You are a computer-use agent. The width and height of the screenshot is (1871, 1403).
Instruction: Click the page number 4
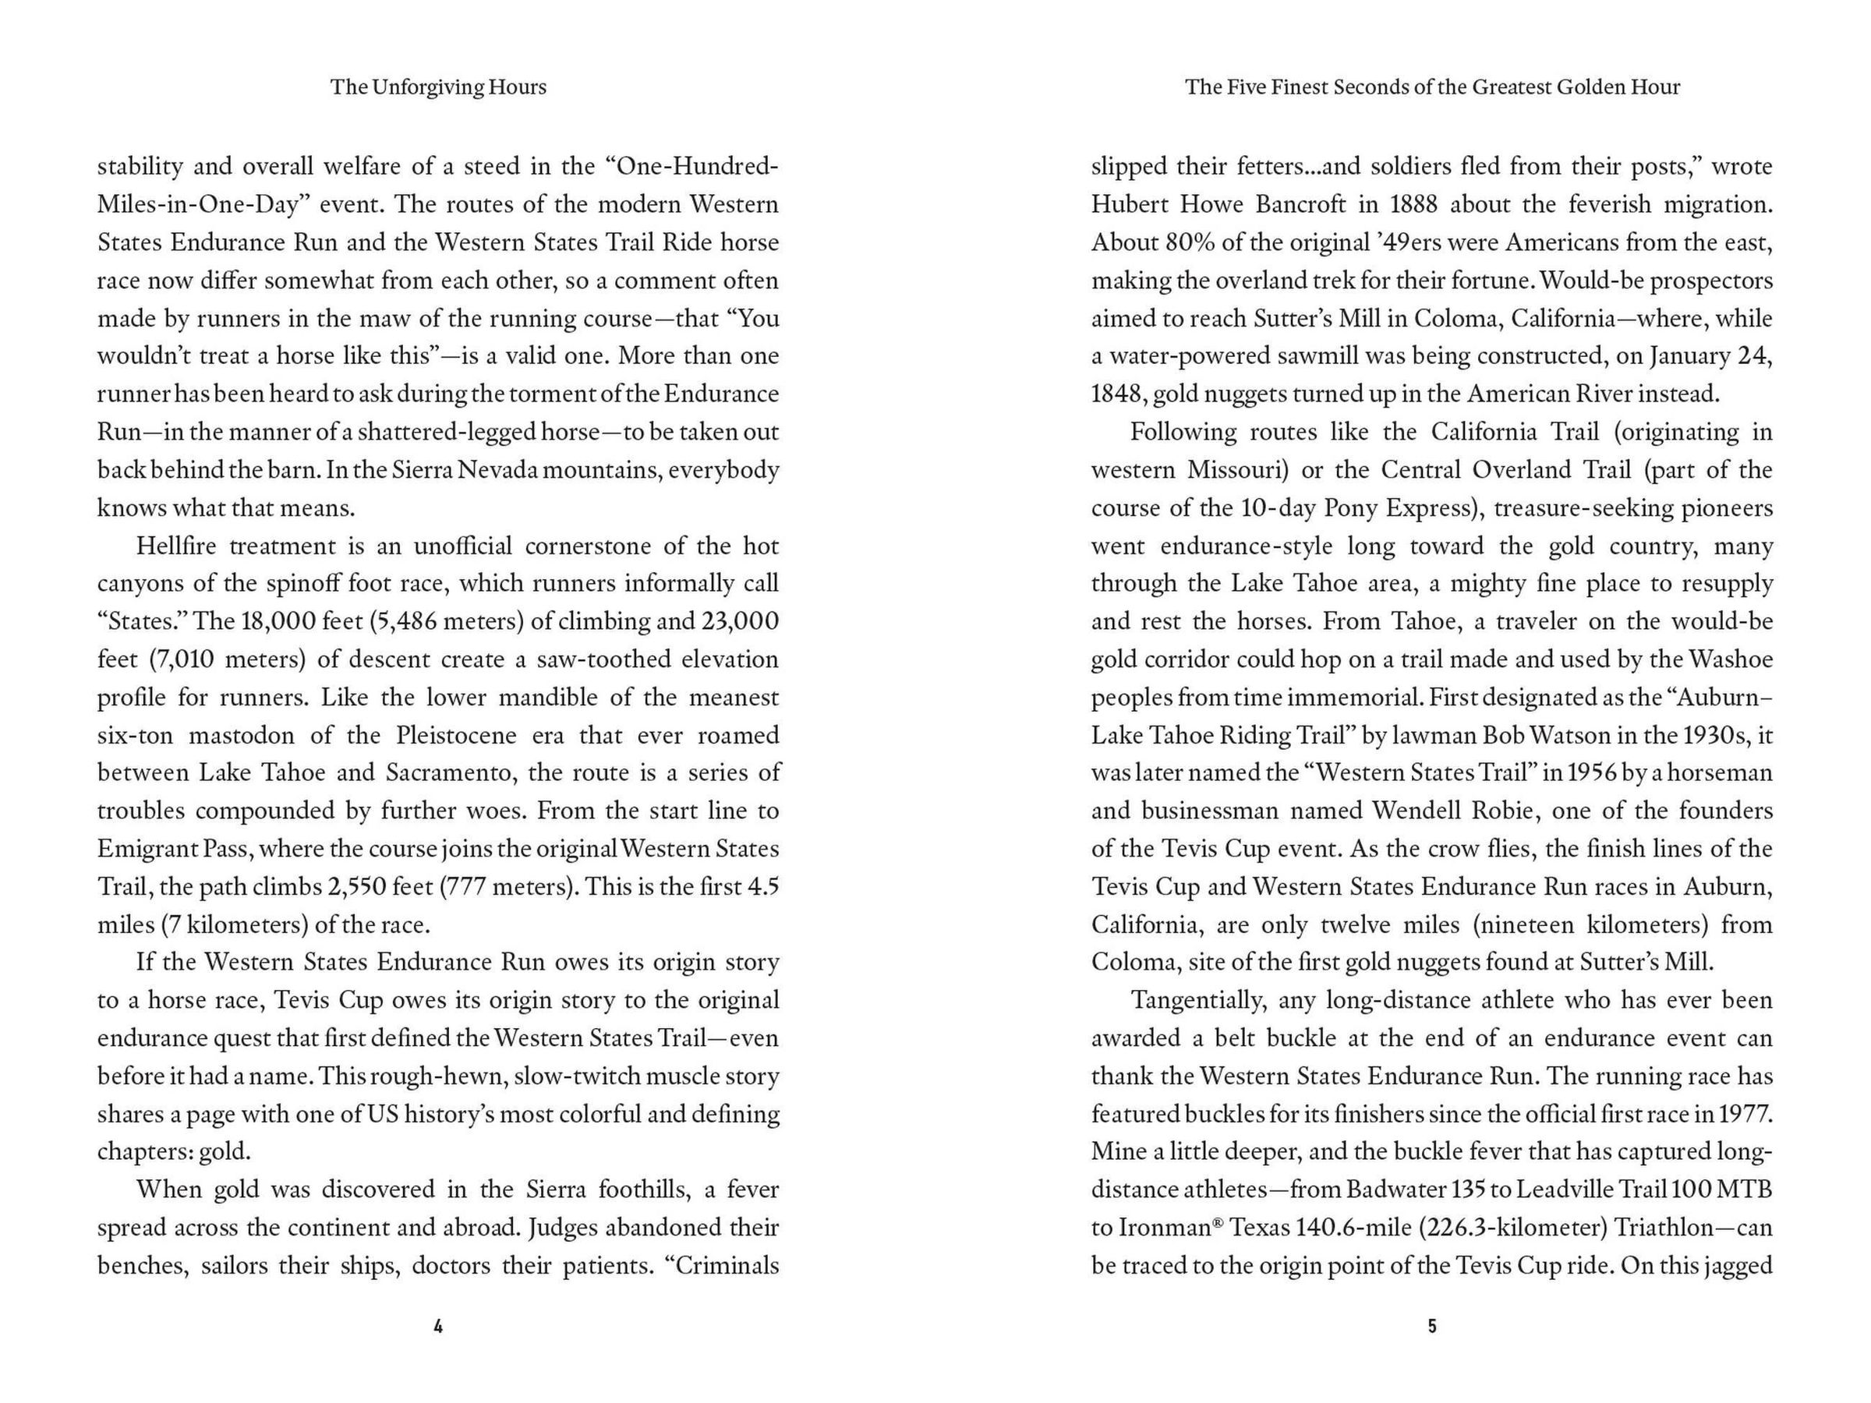pyautogui.click(x=438, y=1327)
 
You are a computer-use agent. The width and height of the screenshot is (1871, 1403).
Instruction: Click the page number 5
pyautogui.click(x=1432, y=1327)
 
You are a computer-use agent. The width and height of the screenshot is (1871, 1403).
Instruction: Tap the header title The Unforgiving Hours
pyautogui.click(x=438, y=87)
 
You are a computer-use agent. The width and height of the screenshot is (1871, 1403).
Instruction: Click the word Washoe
pyautogui.click(x=1735, y=659)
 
